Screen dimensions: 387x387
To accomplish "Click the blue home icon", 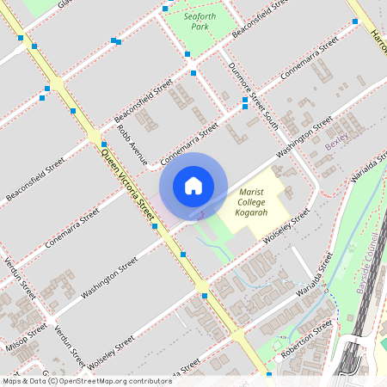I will click(193, 185).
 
